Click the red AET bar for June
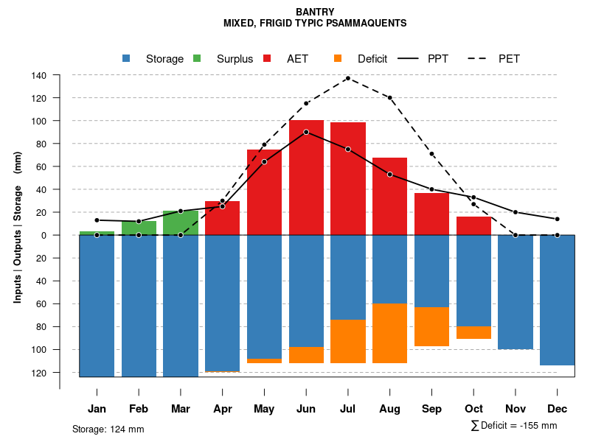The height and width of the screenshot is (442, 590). tap(306, 177)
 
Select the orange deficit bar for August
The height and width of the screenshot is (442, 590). tap(389, 333)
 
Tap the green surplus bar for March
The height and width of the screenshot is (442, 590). tap(181, 222)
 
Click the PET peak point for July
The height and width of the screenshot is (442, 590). tap(348, 78)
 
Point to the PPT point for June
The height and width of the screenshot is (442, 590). tap(306, 132)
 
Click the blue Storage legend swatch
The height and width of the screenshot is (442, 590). tap(127, 59)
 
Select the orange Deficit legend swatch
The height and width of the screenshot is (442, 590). tap(339, 59)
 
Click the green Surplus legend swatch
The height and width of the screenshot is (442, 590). tap(198, 59)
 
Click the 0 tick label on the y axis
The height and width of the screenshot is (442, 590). tap(44, 235)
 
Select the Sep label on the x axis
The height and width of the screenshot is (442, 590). tap(431, 409)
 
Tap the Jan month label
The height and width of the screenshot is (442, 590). tap(97, 409)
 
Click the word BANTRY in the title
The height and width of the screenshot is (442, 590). tap(315, 12)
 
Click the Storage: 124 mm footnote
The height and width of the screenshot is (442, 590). tap(108, 429)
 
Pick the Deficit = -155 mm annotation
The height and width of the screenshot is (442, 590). tap(514, 426)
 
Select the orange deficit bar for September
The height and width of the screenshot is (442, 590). tap(431, 326)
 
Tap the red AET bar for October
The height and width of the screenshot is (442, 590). tap(473, 225)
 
